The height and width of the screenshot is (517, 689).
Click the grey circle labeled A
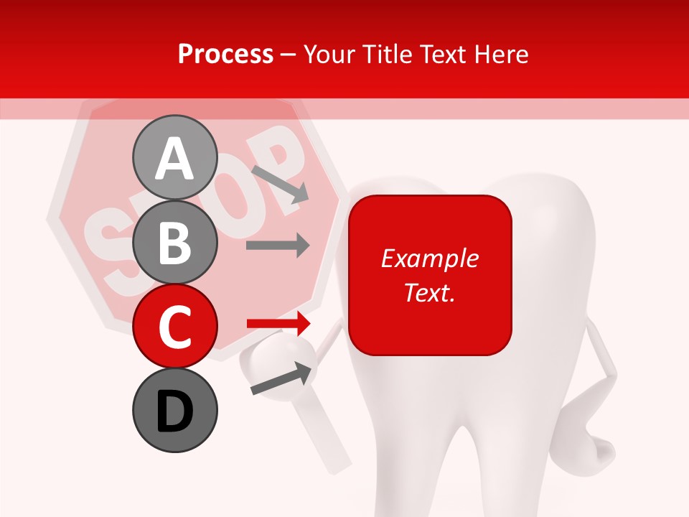pyautogui.click(x=174, y=158)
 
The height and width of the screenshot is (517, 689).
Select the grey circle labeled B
pyautogui.click(x=174, y=243)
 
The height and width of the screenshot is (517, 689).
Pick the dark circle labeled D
pyautogui.click(x=174, y=410)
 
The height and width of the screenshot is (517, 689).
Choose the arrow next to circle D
pyautogui.click(x=282, y=379)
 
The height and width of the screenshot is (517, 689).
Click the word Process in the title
pyautogui.click(x=225, y=55)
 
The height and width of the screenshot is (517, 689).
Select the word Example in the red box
pyautogui.click(x=429, y=258)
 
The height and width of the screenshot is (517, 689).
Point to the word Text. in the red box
pyautogui.click(x=429, y=292)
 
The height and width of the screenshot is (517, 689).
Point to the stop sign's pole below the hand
pyautogui.click(x=327, y=445)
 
